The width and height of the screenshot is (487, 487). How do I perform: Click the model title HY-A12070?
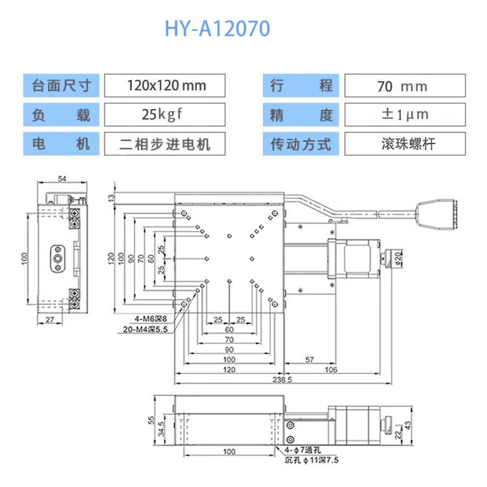tap(217, 29)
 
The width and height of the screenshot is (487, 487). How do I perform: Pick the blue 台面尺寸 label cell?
tap(62, 86)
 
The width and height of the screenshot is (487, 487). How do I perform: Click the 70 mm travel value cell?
tap(404, 86)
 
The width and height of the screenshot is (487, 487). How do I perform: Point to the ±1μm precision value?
tap(404, 114)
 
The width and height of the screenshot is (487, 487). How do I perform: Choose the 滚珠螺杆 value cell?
tap(404, 144)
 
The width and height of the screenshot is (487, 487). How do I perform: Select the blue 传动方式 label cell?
tap(301, 144)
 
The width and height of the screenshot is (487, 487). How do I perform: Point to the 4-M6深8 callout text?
tap(151, 319)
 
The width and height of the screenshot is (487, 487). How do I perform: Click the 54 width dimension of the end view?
tap(62, 179)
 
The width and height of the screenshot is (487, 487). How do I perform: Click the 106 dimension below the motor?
tap(331, 369)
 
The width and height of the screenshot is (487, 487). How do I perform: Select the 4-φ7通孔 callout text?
tap(303, 449)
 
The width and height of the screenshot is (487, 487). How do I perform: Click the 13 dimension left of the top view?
tap(111, 197)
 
